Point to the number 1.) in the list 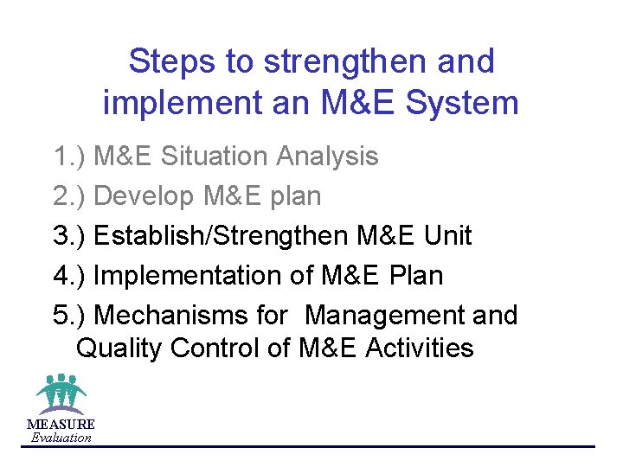tap(69, 157)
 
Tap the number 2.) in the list tap(69, 196)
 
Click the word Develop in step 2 tap(144, 196)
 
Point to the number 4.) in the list tap(69, 276)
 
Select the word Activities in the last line tap(420, 349)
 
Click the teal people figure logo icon tap(61, 393)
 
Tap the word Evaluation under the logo tap(61, 438)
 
